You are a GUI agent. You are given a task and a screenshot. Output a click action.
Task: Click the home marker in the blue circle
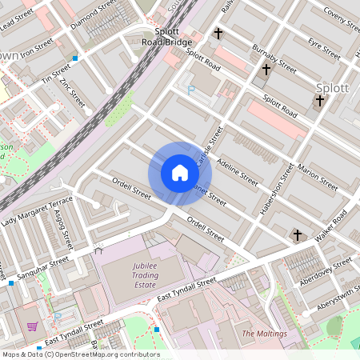coord(180,173)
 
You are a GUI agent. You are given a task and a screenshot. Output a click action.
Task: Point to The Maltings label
coord(264,333)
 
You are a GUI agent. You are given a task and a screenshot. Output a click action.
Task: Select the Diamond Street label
coord(92,14)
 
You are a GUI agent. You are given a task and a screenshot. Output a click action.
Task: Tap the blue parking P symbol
coord(191,90)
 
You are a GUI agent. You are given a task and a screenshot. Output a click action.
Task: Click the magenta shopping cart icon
coord(33,326)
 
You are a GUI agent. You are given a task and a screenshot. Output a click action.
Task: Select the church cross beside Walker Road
coord(298,234)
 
